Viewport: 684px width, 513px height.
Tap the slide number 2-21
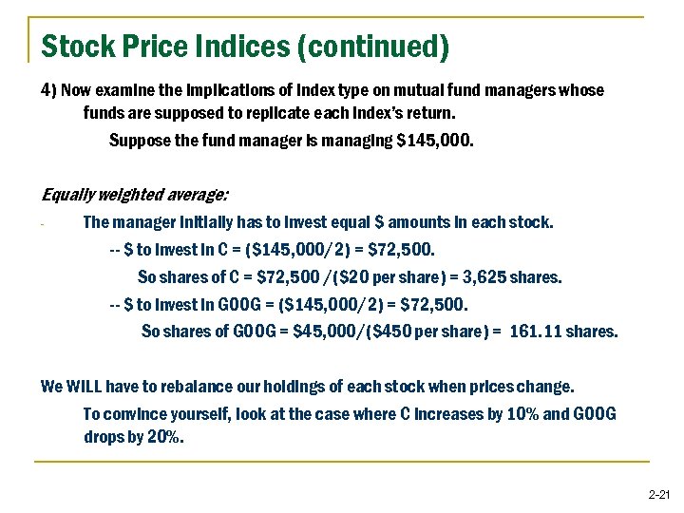coord(658,496)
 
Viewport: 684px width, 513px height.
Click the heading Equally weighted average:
coord(135,196)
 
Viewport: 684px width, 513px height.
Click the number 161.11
coord(536,332)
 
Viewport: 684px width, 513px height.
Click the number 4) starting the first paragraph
coord(49,89)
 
